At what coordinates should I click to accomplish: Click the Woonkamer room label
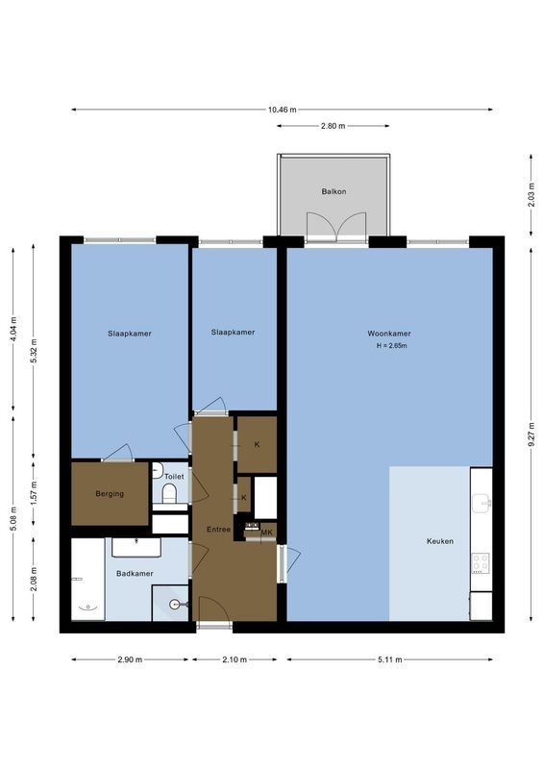tap(388, 334)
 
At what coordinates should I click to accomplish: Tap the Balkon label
tap(334, 191)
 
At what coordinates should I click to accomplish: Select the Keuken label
tap(439, 541)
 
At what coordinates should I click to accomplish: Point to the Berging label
tap(109, 494)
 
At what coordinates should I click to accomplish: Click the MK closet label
tap(266, 532)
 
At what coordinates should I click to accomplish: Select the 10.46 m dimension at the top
tap(282, 110)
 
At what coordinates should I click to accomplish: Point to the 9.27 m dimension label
tap(531, 434)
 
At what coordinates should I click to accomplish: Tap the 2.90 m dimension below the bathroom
tap(130, 659)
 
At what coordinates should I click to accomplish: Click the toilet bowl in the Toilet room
tap(169, 494)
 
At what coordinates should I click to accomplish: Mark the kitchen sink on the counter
tap(483, 501)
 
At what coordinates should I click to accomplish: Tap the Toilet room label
tap(174, 476)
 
